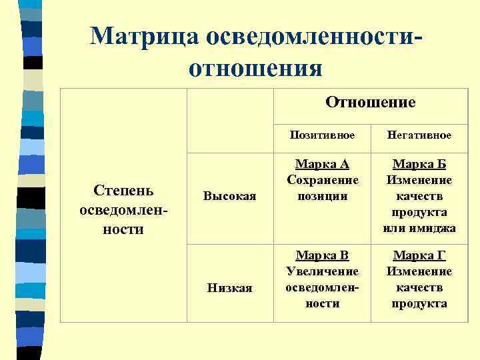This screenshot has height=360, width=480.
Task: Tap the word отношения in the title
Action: point(256,68)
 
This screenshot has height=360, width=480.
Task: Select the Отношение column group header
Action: point(370,102)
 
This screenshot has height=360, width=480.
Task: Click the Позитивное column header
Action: point(322,135)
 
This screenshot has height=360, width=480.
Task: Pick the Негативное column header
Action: point(419,135)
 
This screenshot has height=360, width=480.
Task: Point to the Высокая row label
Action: point(229,195)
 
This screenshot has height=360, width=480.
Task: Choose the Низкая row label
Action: point(229,287)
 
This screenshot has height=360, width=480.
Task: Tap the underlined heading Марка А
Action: point(323,164)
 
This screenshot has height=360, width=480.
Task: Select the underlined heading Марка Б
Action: point(419,164)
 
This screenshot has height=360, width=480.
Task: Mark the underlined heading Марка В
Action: point(323,255)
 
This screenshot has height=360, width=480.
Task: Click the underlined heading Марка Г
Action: point(419,255)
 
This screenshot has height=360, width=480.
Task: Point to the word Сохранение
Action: point(323,180)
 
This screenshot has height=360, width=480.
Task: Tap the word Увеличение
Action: point(323,271)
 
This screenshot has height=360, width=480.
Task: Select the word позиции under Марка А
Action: point(323,196)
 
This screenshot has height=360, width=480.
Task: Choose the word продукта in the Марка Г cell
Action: point(419,303)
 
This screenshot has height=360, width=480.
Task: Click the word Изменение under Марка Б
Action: point(419,180)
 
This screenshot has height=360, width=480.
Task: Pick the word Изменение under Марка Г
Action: point(419,271)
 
